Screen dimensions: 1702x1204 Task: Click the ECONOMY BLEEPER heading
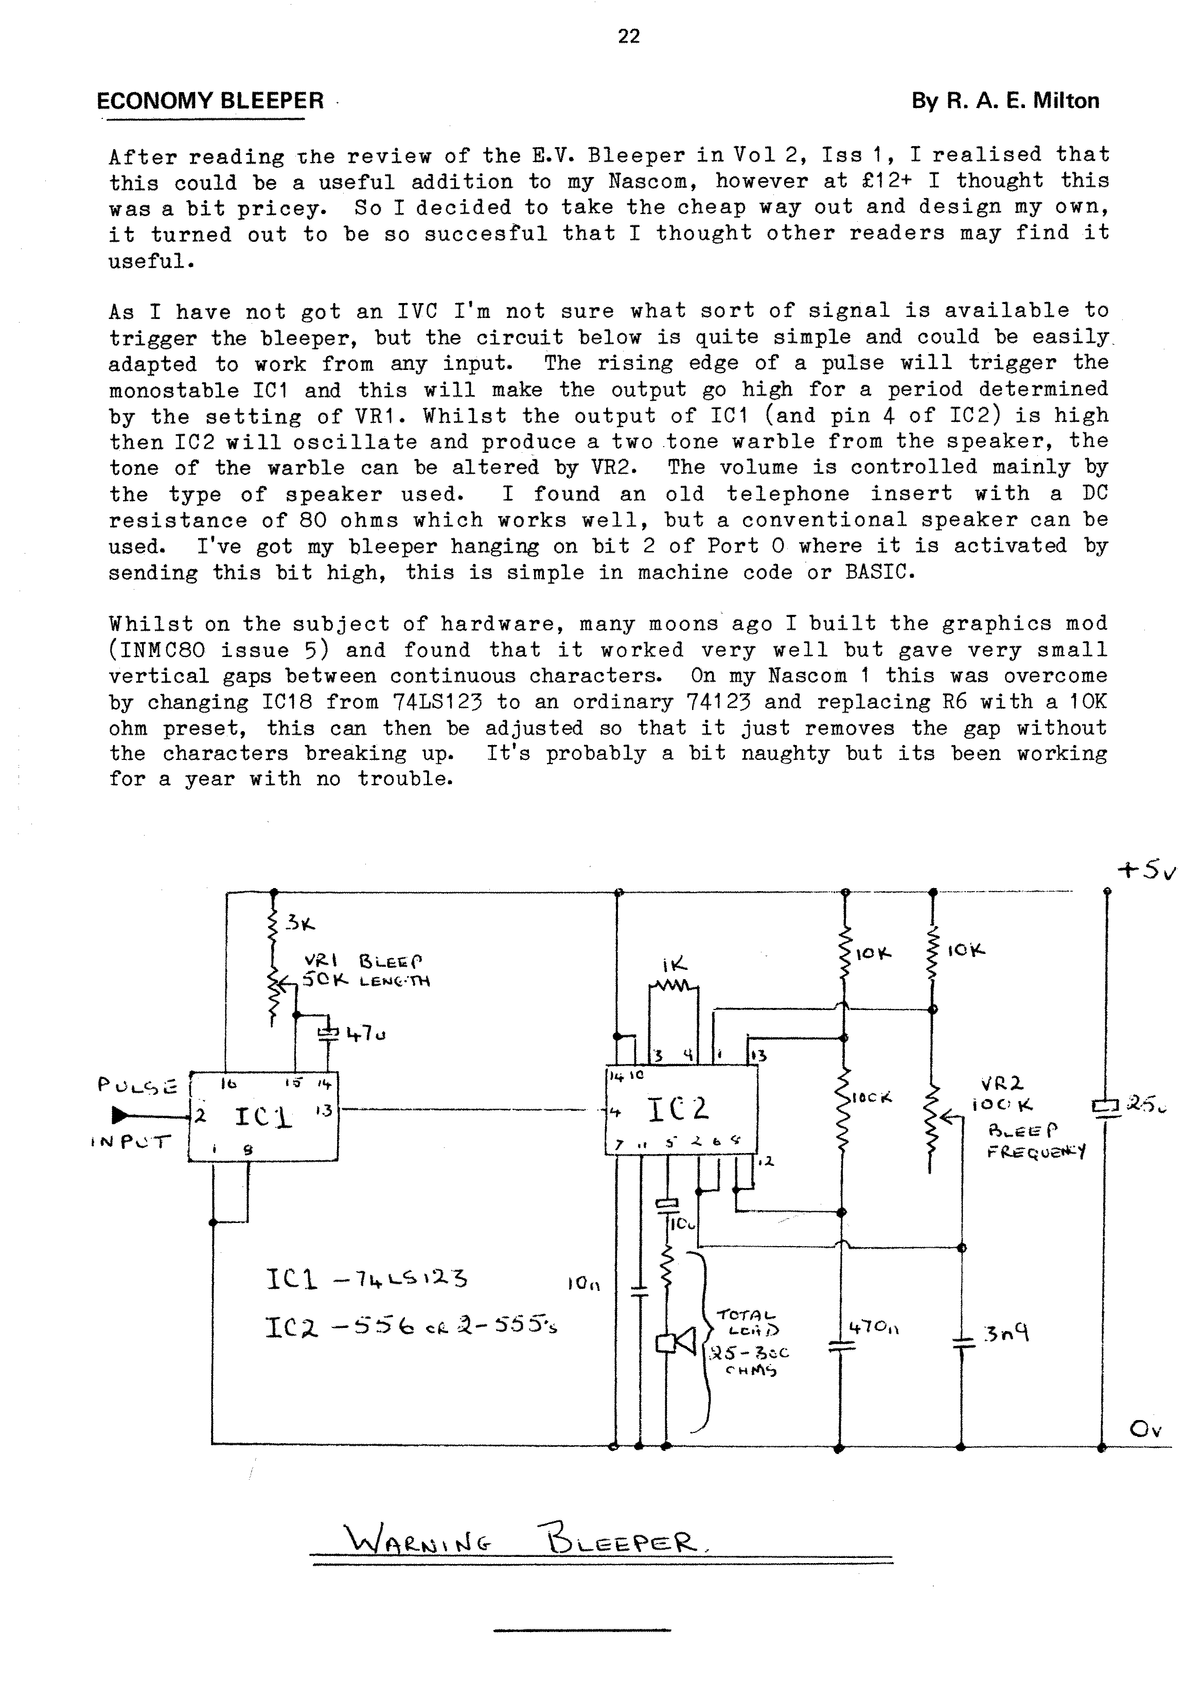[x=210, y=101]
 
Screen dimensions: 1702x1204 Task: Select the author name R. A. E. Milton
[x=1005, y=101]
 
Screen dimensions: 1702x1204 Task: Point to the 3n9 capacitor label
[x=1006, y=1334]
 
